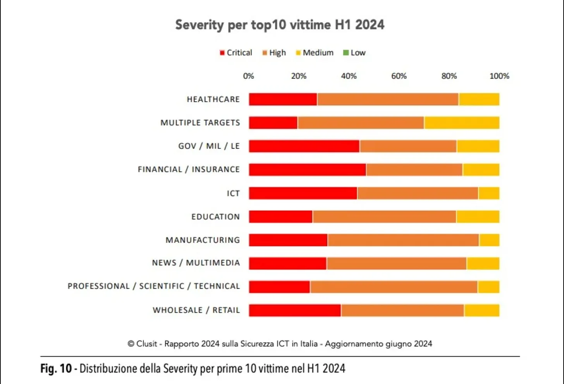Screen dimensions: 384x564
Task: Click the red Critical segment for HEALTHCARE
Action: click(x=283, y=99)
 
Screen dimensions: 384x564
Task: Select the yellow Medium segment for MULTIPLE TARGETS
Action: click(x=462, y=123)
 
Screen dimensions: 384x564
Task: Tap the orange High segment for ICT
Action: click(x=418, y=193)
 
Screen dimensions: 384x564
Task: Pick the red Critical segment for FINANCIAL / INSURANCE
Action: click(x=307, y=170)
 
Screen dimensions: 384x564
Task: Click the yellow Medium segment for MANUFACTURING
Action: click(x=489, y=240)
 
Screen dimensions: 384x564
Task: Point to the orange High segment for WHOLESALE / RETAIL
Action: click(x=402, y=311)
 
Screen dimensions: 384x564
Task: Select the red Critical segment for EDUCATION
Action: click(x=280, y=217)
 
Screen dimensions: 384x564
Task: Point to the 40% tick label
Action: click(x=349, y=76)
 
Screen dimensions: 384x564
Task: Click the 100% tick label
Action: click(x=499, y=76)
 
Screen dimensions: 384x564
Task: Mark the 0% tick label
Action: click(x=248, y=76)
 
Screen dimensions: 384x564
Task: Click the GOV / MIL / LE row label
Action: click(x=209, y=146)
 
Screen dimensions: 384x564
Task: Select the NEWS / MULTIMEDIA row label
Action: click(x=196, y=263)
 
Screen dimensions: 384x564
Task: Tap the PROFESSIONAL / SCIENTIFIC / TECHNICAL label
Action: click(x=154, y=286)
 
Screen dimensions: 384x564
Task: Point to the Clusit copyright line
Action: click(x=280, y=344)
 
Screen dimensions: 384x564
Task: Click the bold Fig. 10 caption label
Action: click(x=56, y=369)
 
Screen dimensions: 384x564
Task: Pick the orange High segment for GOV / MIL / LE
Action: click(x=408, y=146)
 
